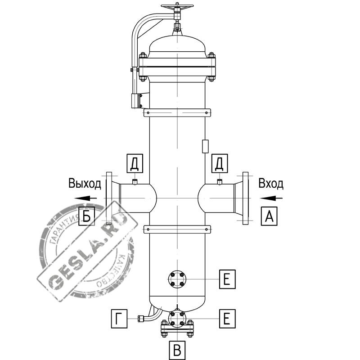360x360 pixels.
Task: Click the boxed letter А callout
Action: point(269,216)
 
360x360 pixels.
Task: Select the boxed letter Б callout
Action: point(86,216)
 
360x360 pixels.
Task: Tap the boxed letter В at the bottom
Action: point(177,351)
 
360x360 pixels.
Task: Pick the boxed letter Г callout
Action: point(119,319)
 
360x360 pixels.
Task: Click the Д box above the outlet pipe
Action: point(135,163)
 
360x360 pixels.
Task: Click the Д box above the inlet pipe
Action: point(220,163)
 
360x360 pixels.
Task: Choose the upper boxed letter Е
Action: point(227,279)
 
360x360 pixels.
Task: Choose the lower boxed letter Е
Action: point(227,319)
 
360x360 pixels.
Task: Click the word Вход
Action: point(271,184)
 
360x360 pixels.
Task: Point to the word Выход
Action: point(85,184)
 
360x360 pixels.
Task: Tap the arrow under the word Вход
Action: point(271,198)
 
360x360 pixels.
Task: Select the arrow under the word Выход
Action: point(85,198)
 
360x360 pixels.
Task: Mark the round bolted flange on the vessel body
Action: point(177,279)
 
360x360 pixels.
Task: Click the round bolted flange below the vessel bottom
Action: point(177,319)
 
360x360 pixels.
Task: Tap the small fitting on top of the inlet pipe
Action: point(220,182)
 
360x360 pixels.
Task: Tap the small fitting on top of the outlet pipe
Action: point(135,182)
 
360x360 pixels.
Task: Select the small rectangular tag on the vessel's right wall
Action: point(205,147)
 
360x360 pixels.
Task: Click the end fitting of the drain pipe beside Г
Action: point(141,319)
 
